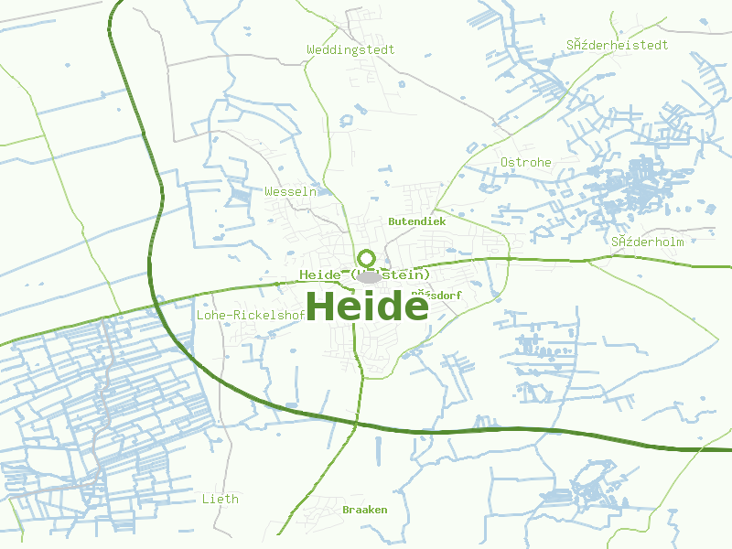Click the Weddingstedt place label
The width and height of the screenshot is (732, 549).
click(x=350, y=49)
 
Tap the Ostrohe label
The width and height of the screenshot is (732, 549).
click(x=525, y=162)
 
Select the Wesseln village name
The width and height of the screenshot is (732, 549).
click(x=290, y=192)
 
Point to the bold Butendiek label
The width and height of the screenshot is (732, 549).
click(x=416, y=221)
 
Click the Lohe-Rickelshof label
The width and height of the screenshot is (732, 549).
click(x=251, y=315)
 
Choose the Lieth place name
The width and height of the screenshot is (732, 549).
click(x=220, y=499)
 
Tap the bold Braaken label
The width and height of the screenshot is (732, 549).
click(x=364, y=510)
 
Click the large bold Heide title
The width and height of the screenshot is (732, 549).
click(x=366, y=306)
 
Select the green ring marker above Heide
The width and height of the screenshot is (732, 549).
click(x=367, y=258)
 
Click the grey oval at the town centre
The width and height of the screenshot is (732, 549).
click(x=369, y=276)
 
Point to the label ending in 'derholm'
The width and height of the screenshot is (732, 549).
click(x=648, y=242)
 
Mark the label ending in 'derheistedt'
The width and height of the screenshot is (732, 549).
click(x=617, y=45)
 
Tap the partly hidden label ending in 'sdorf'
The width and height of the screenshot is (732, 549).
click(x=437, y=295)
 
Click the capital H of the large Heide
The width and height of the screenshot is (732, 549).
click(x=322, y=306)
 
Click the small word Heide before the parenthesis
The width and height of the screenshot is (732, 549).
click(x=318, y=274)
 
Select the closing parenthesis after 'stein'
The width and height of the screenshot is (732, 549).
click(x=426, y=274)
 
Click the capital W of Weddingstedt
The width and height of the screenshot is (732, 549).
click(x=311, y=49)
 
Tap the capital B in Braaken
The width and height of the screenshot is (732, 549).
click(x=346, y=510)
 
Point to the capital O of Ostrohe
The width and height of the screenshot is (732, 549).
click(x=504, y=162)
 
